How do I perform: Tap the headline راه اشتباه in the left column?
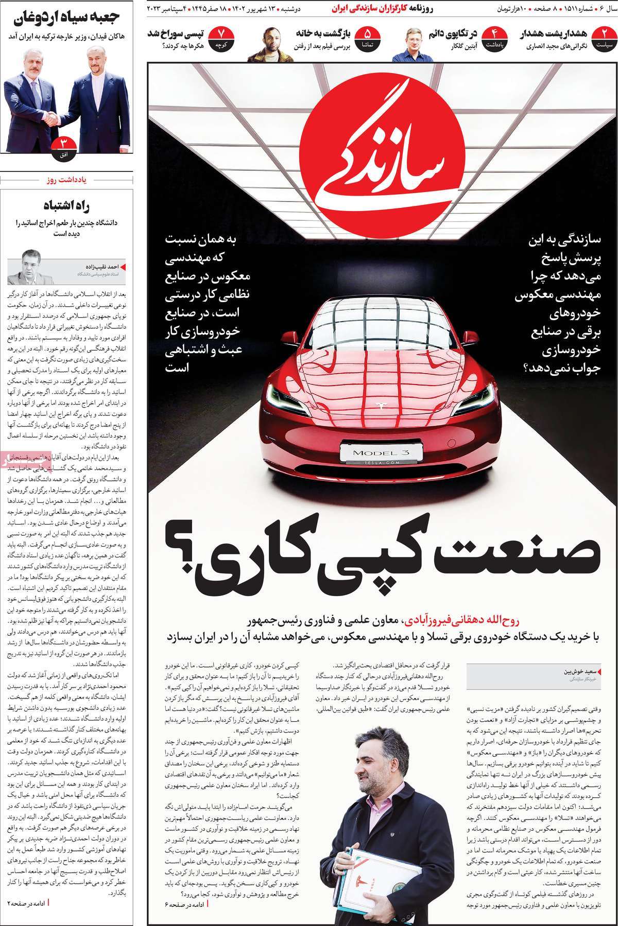pyautogui.click(x=68, y=204)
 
